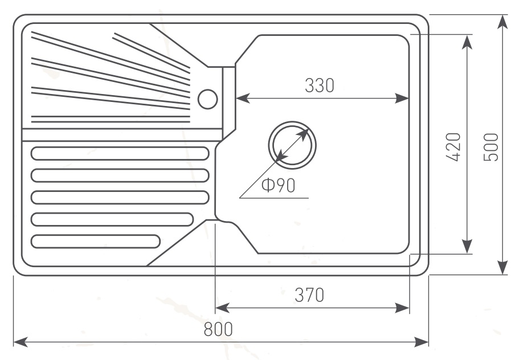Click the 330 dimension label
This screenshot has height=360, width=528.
click(x=320, y=85)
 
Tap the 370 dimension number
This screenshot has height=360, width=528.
click(x=309, y=295)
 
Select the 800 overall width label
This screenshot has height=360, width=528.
click(x=218, y=329)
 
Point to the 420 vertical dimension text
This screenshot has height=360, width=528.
click(x=453, y=147)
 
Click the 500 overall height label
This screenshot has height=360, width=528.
click(x=490, y=147)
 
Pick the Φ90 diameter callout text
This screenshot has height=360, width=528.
click(x=279, y=185)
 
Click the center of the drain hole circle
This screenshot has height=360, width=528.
click(x=292, y=145)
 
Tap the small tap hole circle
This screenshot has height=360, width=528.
click(x=208, y=99)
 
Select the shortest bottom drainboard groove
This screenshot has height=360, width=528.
click(x=96, y=242)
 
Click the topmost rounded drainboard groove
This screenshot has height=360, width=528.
click(x=120, y=154)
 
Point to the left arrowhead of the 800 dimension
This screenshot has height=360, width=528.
click(x=20, y=342)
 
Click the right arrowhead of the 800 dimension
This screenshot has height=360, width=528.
click(x=421, y=342)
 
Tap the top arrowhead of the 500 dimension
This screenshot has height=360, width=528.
click(x=503, y=22)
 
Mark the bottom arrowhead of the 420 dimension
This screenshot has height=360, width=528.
click(x=466, y=246)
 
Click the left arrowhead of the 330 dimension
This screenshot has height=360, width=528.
click(x=243, y=99)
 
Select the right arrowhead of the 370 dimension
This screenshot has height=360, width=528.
click(x=402, y=308)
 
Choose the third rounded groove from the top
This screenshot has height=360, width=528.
click(x=120, y=198)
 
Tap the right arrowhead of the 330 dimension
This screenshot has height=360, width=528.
click(x=402, y=99)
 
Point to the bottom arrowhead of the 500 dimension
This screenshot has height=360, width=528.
click(x=503, y=267)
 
